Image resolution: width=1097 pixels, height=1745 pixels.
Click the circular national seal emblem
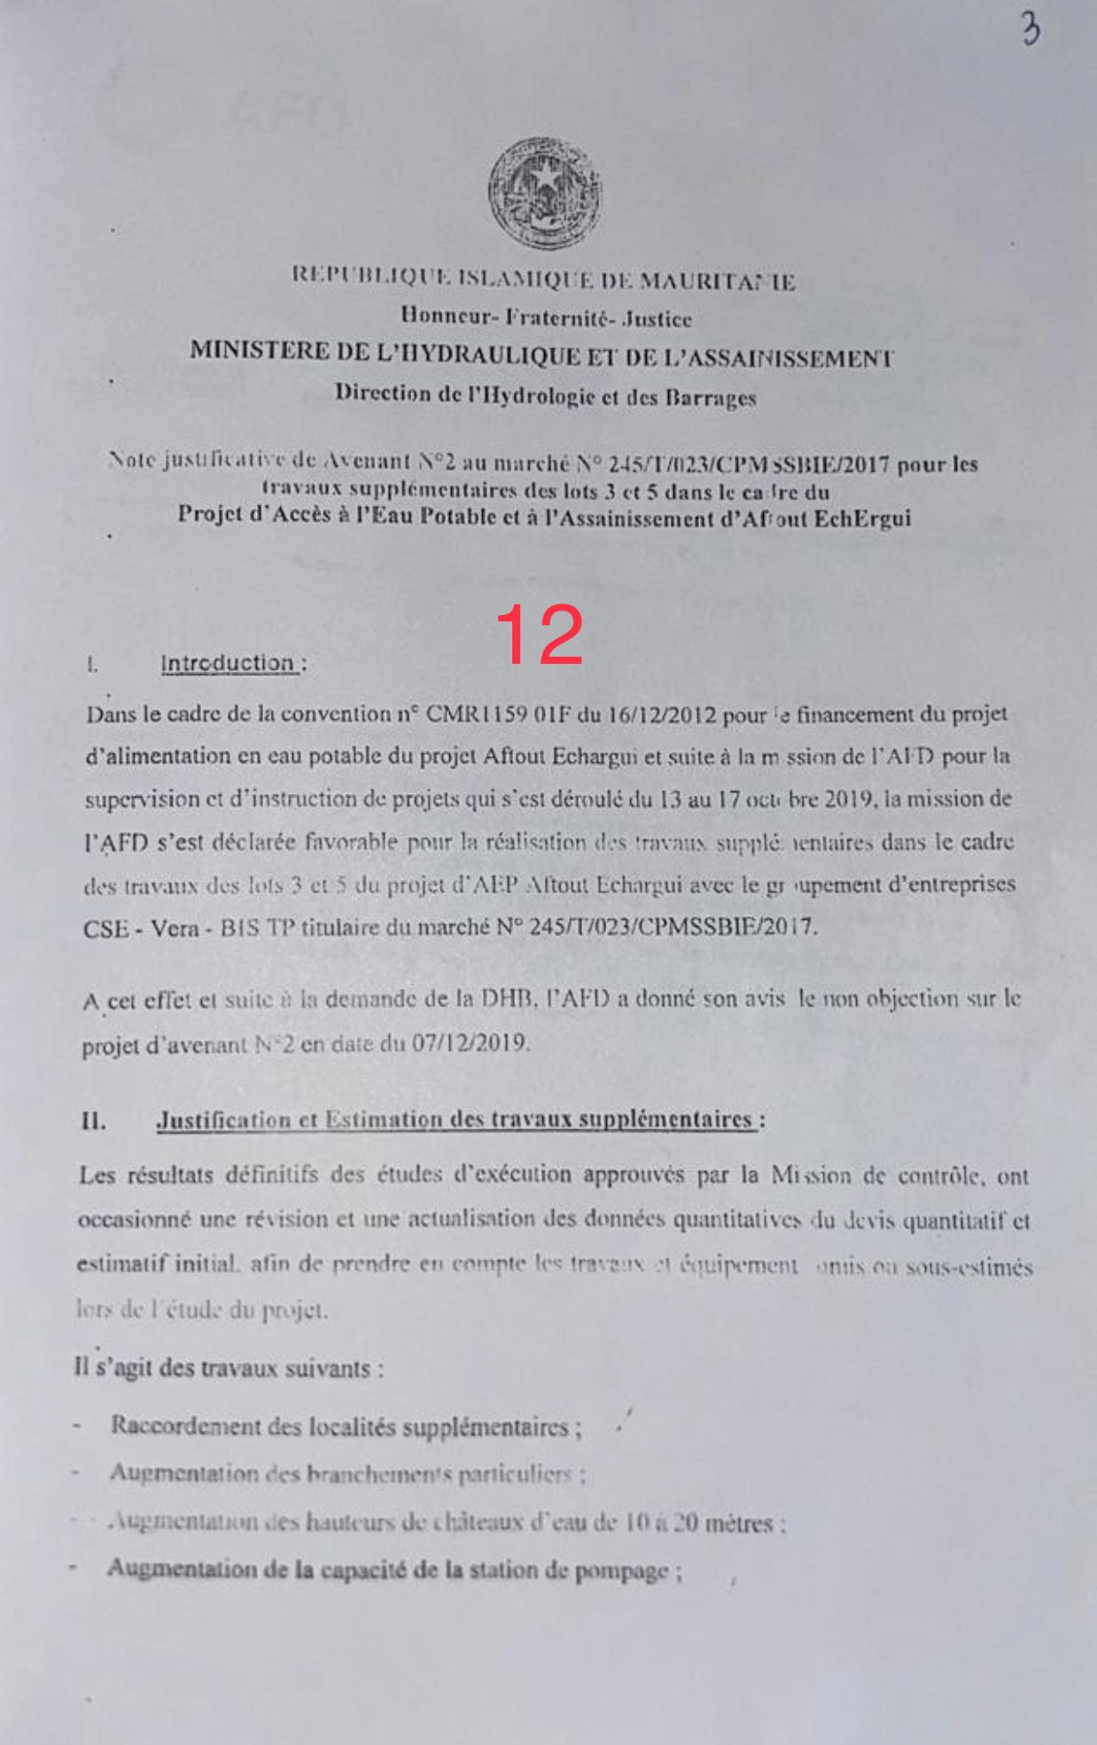[x=544, y=192]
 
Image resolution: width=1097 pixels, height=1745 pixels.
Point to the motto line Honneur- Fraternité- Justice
[x=546, y=317]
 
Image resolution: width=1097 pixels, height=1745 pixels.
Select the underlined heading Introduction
[x=229, y=663]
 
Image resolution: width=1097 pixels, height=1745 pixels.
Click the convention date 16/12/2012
[x=661, y=715]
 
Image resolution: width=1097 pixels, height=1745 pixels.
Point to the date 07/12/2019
[x=470, y=1043]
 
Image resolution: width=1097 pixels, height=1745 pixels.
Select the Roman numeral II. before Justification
[x=93, y=1121]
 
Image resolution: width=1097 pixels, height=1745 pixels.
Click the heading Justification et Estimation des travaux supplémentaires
[x=457, y=1120]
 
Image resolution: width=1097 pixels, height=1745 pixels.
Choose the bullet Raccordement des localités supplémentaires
[x=345, y=1426]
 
